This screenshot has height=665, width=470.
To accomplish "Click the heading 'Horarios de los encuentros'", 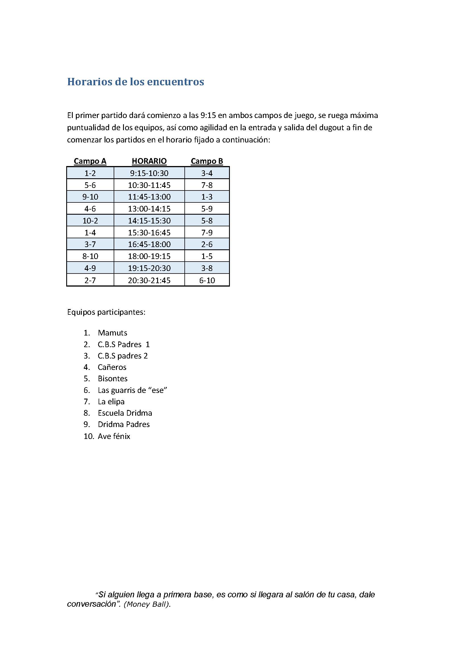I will coord(136,82).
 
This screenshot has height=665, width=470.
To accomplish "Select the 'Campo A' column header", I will coord(90,161).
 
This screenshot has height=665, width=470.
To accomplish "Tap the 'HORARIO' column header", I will coord(149,161).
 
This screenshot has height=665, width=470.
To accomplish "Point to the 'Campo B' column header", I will coord(207,161).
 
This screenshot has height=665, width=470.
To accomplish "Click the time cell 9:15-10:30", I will coord(149,173).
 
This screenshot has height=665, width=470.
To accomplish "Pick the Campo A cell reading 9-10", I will coord(90,197).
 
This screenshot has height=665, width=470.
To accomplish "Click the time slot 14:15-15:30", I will coord(149,221).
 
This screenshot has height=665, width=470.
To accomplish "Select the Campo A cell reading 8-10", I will coord(90,256).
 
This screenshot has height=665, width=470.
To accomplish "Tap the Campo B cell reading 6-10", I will coord(207,280).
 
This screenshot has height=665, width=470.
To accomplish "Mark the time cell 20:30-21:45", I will coord(149,280).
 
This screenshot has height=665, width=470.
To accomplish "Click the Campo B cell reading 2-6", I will coord(207,245).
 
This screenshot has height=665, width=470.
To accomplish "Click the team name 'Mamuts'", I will coord(112,333).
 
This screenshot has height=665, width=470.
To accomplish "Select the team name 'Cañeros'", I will coord(112,367).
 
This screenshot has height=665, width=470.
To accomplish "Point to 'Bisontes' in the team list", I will coord(113,378).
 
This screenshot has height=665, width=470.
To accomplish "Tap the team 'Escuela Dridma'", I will coord(125,413).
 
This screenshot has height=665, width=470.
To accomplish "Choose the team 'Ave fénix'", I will coord(114,436).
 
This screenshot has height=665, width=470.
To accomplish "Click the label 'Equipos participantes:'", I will coord(106,312).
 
